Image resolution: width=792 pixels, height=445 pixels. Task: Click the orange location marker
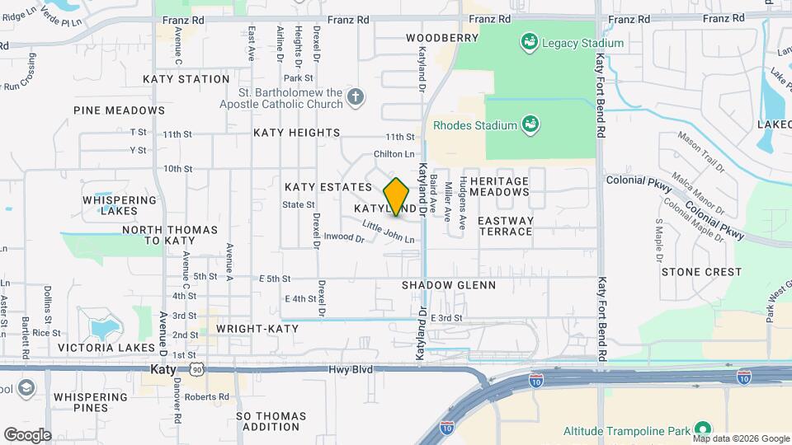click(397, 197)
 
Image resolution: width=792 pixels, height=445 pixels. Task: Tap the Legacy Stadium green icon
click(530, 41)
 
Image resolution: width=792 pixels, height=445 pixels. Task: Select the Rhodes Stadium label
click(475, 125)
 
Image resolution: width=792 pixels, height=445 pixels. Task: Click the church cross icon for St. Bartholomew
click(355, 98)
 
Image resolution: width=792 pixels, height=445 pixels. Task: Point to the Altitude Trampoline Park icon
click(703, 430)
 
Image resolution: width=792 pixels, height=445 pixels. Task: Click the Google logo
click(27, 435)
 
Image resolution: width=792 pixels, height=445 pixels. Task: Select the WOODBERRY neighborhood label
click(442, 38)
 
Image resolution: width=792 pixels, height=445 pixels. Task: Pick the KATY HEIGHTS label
click(296, 133)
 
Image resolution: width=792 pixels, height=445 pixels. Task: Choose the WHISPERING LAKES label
click(115, 205)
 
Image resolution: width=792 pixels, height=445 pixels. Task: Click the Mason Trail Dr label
click(700, 151)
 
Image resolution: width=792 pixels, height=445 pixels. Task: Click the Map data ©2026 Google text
click(741, 438)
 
